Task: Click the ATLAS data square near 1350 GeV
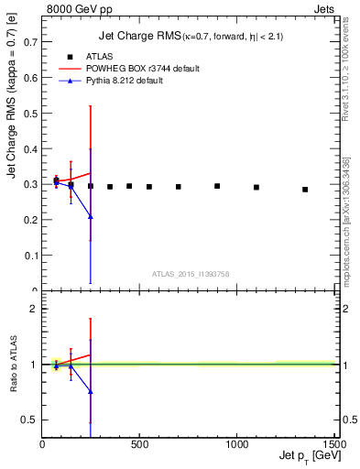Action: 305,190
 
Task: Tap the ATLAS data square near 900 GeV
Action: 217,186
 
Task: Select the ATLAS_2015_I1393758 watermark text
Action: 190,273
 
